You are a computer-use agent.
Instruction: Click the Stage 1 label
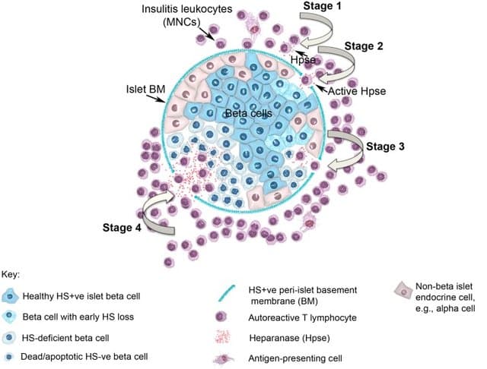322,5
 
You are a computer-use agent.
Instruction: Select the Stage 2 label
364,46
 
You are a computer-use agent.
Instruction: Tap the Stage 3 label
385,147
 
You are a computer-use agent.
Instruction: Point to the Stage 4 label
122,228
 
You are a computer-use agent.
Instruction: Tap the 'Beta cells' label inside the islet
249,113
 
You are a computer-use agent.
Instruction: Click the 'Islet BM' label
145,90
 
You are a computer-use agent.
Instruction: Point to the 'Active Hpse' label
357,91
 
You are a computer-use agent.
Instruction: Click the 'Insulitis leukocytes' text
187,9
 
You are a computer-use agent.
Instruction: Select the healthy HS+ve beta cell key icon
10,296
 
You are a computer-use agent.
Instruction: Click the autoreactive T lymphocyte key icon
221,317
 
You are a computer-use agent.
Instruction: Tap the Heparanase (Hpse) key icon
223,337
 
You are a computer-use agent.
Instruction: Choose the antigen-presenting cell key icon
223,359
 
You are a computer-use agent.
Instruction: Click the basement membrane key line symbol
227,293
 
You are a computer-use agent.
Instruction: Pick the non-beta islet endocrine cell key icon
403,291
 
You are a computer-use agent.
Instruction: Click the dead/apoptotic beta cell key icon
9,357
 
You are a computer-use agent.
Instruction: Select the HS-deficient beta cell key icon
9,337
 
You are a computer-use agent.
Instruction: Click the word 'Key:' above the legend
11,275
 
